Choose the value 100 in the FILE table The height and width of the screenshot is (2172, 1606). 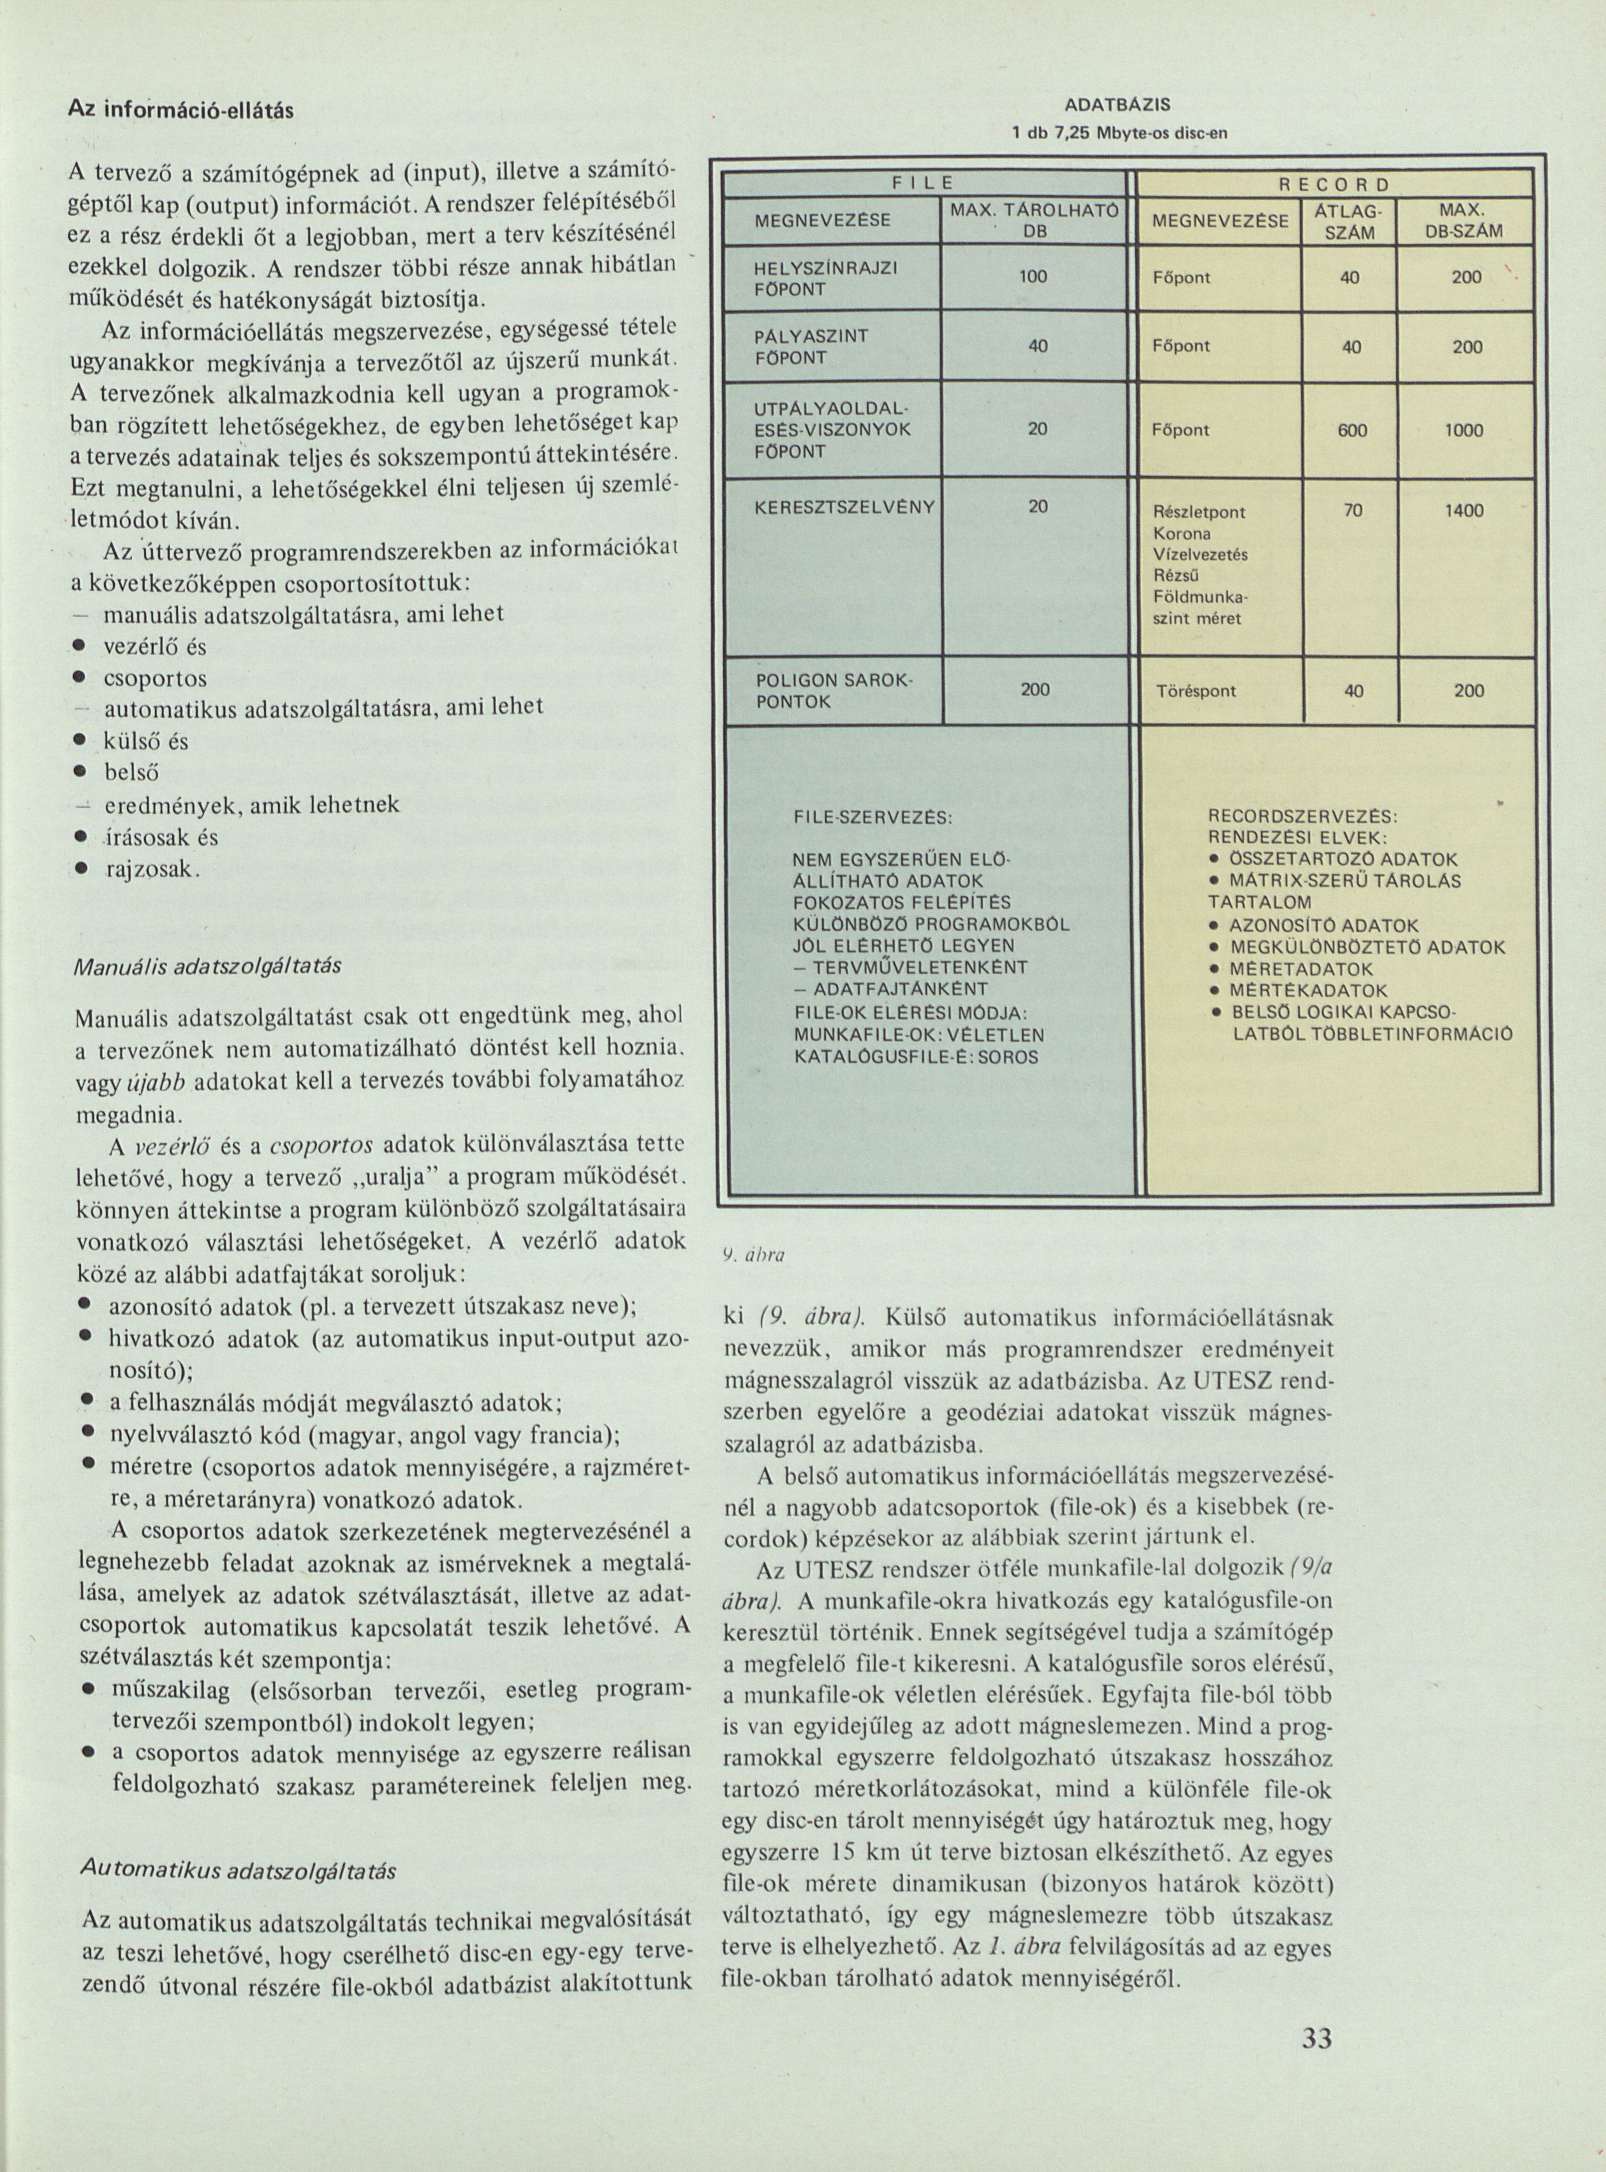point(1033,277)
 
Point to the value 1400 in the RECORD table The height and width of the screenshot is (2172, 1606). point(1464,508)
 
